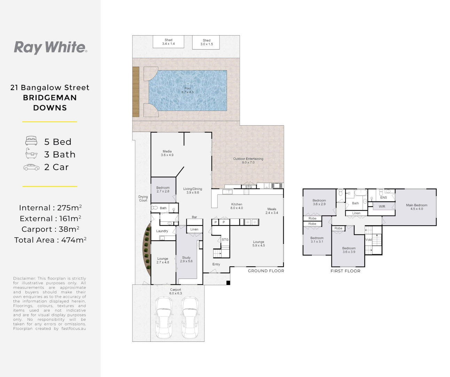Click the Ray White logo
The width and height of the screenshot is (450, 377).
tap(51, 47)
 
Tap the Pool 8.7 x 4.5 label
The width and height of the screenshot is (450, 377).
tap(187, 90)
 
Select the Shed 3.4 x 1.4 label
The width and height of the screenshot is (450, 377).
tap(168, 42)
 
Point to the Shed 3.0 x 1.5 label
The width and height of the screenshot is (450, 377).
tap(207, 42)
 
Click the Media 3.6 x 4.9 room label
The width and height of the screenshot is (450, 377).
tap(167, 153)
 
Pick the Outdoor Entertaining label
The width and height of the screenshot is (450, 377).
tap(248, 160)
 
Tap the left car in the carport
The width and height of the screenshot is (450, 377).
tap(164, 317)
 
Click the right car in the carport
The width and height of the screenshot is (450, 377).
tap(190, 317)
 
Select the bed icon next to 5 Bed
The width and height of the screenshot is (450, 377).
tap(31, 141)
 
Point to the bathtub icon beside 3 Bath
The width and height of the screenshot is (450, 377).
tap(31, 153)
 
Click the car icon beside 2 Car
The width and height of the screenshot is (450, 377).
tap(31, 167)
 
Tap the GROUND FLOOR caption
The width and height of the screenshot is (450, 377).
tap(266, 271)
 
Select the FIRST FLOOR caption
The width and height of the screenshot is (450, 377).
tap(346, 271)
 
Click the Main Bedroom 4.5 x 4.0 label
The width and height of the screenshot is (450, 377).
tap(417, 207)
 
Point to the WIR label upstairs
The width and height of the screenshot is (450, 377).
tap(382, 207)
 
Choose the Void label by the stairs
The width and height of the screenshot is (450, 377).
tap(368, 239)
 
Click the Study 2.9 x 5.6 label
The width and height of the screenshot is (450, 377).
tap(186, 259)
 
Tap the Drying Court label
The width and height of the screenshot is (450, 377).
tap(143, 199)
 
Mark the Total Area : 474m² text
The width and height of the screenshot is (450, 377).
tap(51, 240)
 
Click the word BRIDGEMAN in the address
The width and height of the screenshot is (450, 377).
tap(50, 98)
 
